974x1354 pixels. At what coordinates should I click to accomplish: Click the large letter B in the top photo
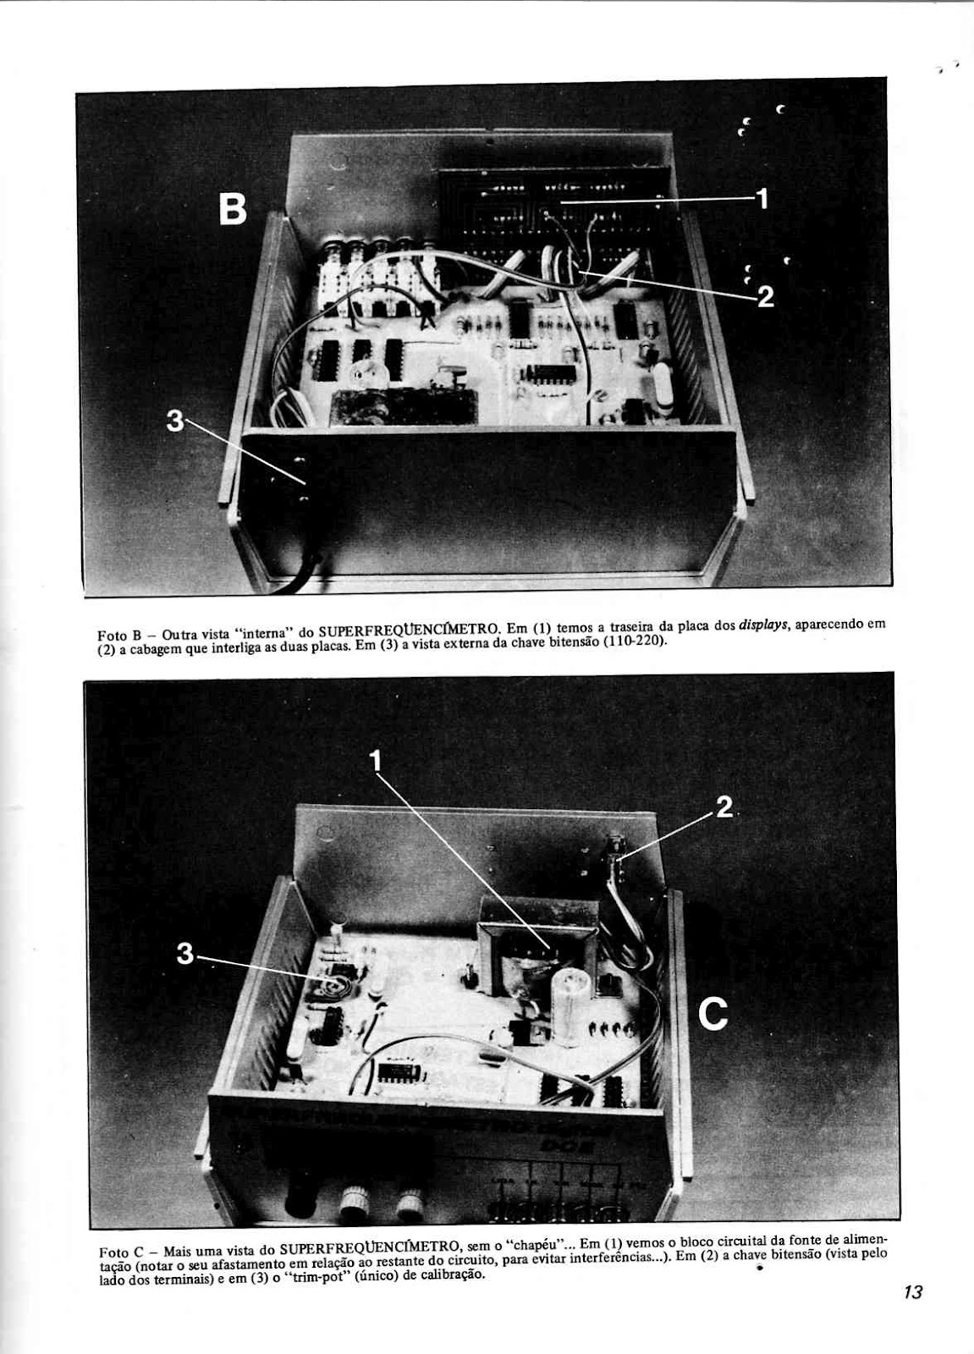point(233,208)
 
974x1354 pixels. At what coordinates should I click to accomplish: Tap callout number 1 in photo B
point(762,199)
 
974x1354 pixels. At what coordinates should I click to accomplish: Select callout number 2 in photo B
point(765,296)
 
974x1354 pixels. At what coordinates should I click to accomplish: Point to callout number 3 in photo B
point(175,421)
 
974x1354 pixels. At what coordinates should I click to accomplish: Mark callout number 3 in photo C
point(185,954)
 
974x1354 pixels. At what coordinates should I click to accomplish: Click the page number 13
point(912,1292)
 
